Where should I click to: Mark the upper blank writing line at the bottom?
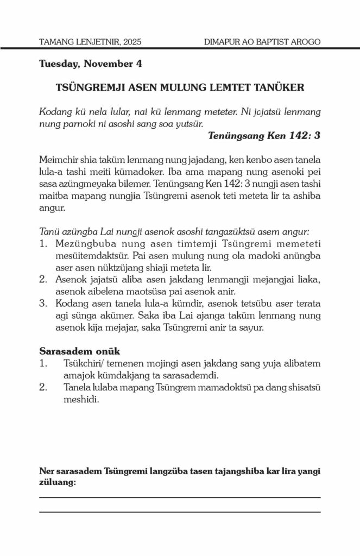point(180,497)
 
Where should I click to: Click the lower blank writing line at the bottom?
point(180,512)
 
